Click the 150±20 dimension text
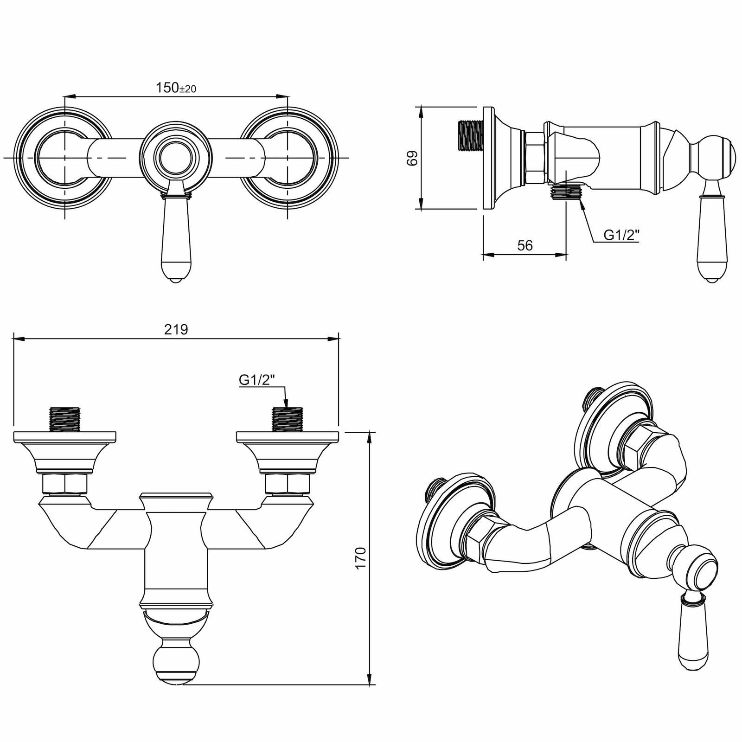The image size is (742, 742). (x=176, y=87)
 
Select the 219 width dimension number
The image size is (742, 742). (x=176, y=330)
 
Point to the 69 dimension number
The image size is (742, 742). (x=412, y=158)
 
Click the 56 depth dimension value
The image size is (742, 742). (x=525, y=245)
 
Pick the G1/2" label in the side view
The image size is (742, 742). (x=621, y=235)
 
